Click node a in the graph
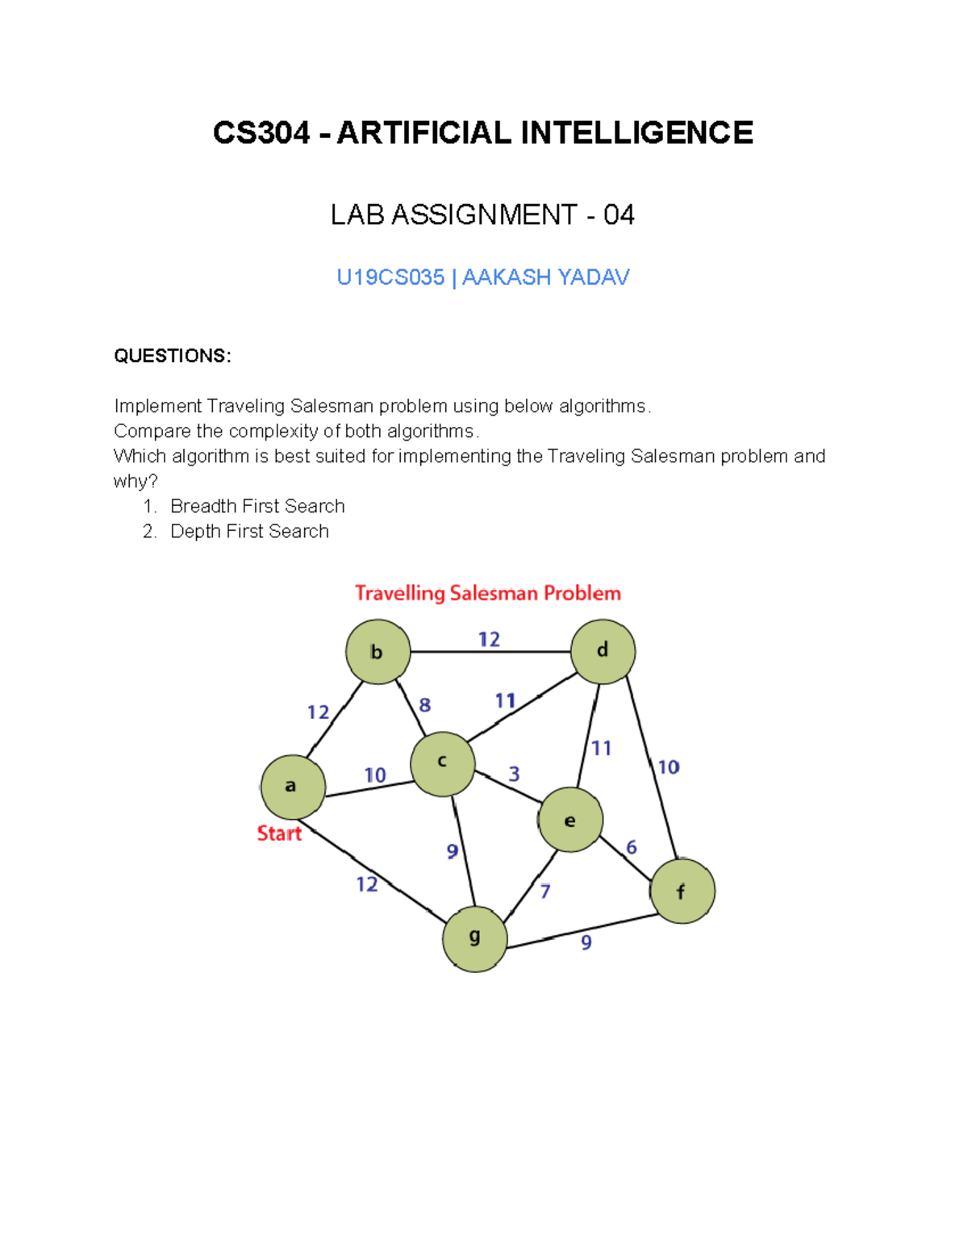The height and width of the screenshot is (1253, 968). coord(293,787)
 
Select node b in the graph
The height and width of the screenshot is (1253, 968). coord(378,652)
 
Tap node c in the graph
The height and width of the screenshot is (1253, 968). coord(442,763)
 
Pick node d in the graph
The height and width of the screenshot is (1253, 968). coord(603,651)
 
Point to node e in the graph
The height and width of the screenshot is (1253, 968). coord(570,820)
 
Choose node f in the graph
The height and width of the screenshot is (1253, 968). coord(682,891)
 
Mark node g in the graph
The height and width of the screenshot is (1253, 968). coord(474,938)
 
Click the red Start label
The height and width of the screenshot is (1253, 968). coord(279,833)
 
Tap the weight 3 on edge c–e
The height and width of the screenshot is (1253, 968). coord(514,775)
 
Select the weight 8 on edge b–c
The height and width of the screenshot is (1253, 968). coord(424,705)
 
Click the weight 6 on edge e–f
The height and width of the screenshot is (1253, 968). coord(631,847)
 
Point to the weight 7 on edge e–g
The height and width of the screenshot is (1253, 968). coord(545,892)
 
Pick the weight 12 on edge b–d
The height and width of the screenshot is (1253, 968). coord(489,640)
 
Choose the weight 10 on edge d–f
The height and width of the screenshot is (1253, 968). coord(668,767)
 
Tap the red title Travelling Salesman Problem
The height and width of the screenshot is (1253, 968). coord(488,594)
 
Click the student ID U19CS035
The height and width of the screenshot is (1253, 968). coord(390,278)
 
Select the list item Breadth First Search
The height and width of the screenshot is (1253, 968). coord(257,506)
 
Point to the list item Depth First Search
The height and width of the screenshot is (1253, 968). coord(249,531)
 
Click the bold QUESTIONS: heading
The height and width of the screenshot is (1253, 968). coord(173,356)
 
